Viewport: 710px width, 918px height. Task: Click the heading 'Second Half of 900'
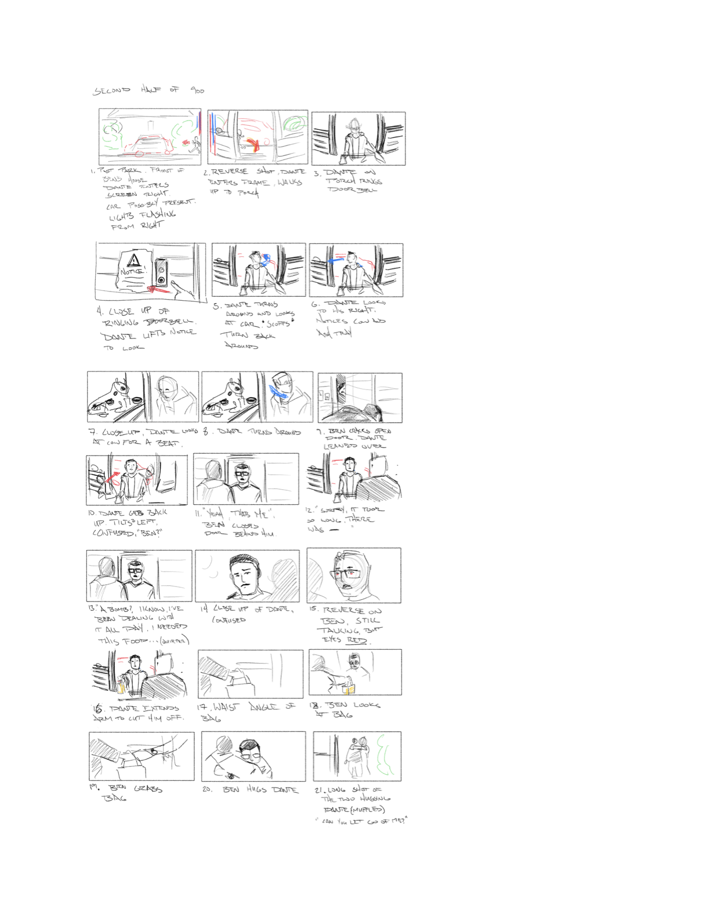pyautogui.click(x=148, y=90)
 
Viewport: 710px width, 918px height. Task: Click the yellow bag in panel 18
pyautogui.click(x=349, y=689)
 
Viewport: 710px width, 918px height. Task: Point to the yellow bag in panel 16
pyautogui.click(x=121, y=687)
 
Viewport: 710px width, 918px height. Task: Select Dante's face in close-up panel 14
pyautogui.click(x=244, y=574)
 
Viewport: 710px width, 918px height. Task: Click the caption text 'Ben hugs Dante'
pyautogui.click(x=260, y=790)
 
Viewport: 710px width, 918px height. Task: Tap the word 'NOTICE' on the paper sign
pyautogui.click(x=132, y=272)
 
